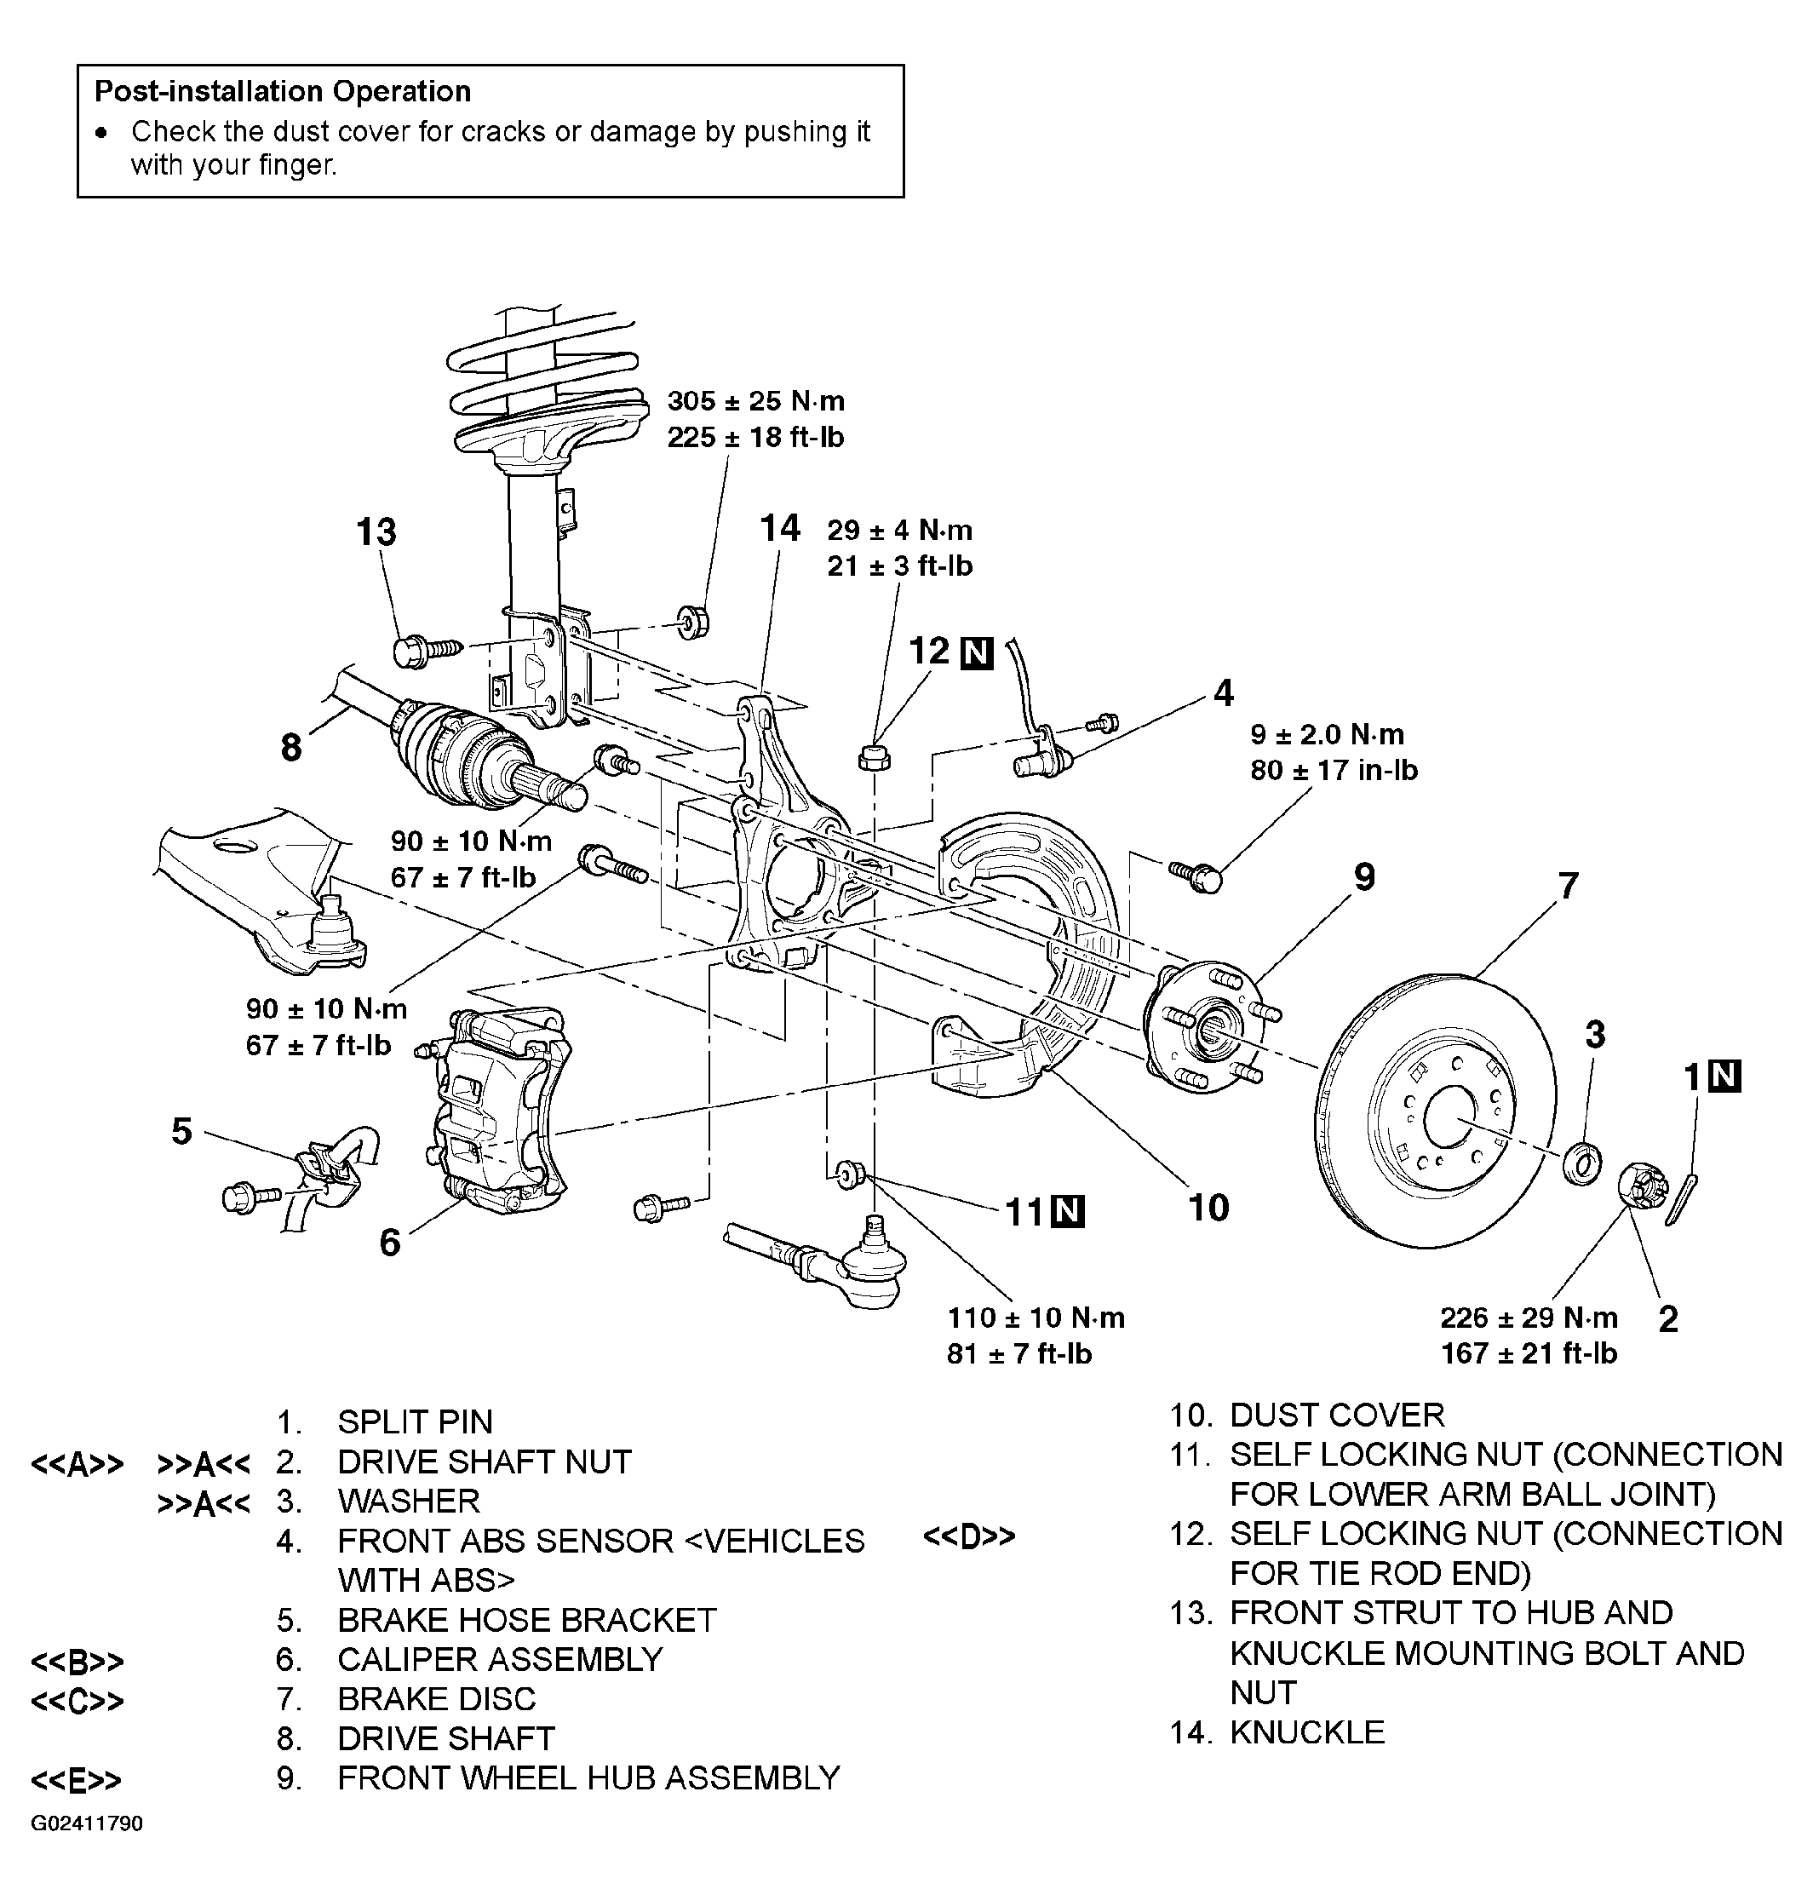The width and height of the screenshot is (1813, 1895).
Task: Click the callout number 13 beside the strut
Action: [x=376, y=531]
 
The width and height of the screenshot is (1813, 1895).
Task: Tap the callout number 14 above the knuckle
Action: [x=780, y=528]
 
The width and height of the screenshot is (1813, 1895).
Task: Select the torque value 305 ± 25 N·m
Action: [x=755, y=401]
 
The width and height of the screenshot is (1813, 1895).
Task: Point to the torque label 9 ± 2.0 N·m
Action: [x=1327, y=734]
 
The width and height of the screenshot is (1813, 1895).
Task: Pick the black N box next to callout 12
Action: [x=977, y=654]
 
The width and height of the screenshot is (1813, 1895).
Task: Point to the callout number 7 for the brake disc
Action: [x=1568, y=885]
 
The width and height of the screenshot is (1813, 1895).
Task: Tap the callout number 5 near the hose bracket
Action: [x=181, y=1131]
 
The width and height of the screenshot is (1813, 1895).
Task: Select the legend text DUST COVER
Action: [x=1337, y=1415]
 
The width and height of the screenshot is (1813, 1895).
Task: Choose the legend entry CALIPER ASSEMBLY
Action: [x=500, y=1659]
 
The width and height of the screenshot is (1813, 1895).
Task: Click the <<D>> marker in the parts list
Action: [x=969, y=1536]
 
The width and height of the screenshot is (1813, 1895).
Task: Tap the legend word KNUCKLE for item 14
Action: [x=1306, y=1731]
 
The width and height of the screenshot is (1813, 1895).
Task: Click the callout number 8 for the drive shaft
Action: [x=291, y=747]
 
